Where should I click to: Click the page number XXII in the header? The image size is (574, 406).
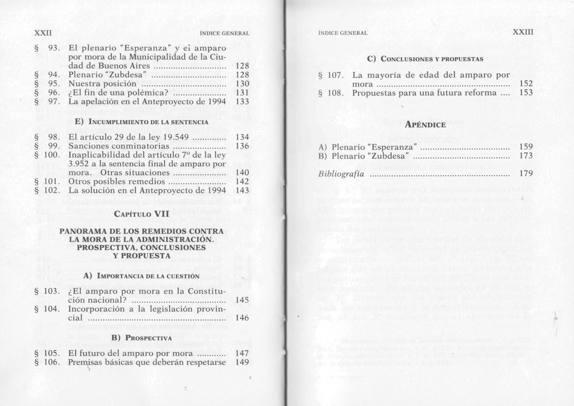(43, 33)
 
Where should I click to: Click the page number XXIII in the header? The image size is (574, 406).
(523, 32)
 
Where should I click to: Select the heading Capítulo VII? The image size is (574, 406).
(142, 214)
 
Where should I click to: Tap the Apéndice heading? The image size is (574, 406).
(425, 125)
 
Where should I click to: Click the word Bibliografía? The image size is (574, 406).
(341, 174)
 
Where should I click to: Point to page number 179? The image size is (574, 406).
(526, 173)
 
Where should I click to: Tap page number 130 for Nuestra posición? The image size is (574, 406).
(242, 83)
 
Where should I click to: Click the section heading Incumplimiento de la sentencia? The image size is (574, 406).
(142, 122)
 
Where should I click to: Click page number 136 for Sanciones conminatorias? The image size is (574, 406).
(242, 146)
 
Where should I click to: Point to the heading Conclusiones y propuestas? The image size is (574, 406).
(425, 59)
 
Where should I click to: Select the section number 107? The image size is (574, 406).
(335, 75)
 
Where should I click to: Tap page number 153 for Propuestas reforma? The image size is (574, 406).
(526, 92)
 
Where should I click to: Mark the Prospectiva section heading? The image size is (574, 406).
(142, 338)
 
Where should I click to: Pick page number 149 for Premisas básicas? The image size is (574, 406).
(242, 362)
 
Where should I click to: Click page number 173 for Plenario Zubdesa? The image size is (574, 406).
(526, 156)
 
